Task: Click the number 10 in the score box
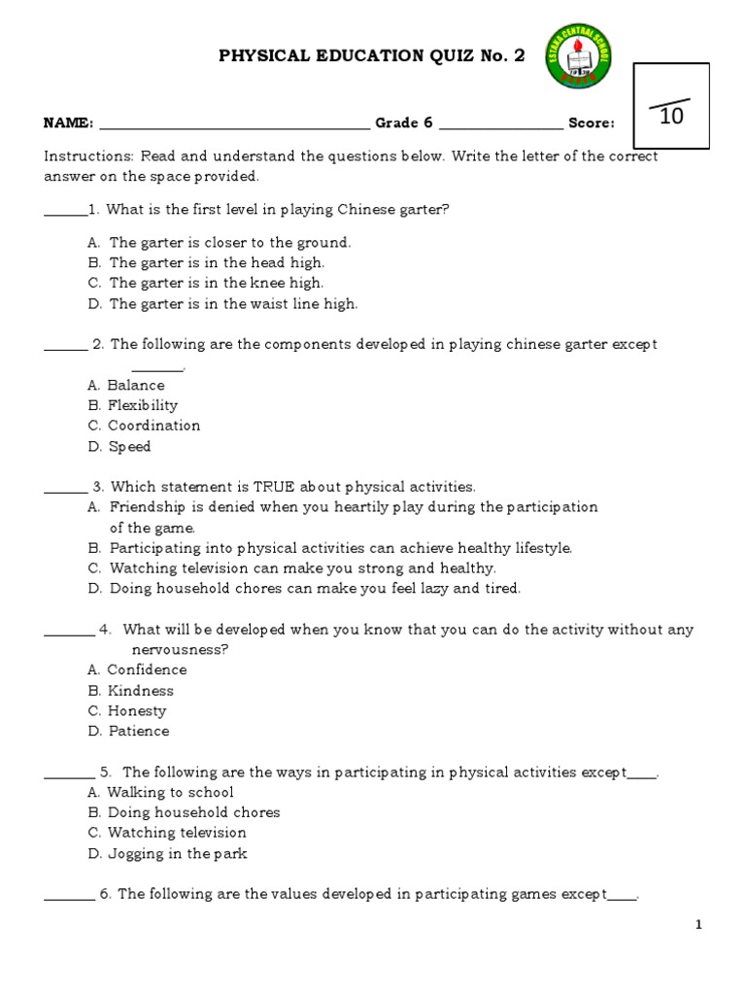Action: tap(671, 117)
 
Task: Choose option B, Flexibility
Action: tap(142, 405)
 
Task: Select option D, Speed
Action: tap(129, 447)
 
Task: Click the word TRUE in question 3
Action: tap(277, 486)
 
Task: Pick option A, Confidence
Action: tap(147, 669)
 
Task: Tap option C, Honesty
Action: tap(137, 710)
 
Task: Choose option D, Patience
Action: tap(138, 731)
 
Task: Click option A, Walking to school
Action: tap(170, 792)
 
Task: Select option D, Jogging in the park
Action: tap(177, 853)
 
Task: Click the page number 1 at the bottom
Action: tap(698, 925)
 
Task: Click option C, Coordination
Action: tap(153, 426)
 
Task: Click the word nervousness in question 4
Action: tap(180, 649)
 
